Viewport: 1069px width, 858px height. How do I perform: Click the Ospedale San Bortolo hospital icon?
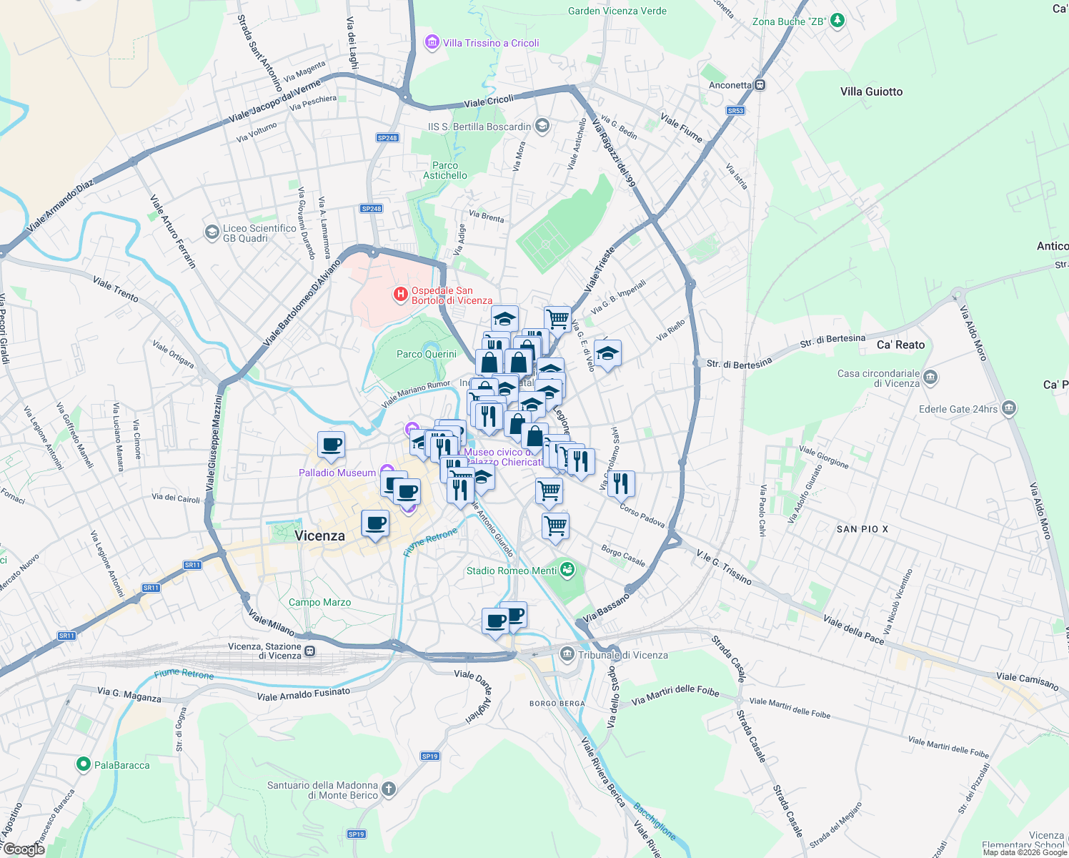tap(401, 294)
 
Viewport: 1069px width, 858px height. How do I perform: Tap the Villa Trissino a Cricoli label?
tap(491, 43)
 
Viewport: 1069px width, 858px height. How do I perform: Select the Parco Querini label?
tap(427, 354)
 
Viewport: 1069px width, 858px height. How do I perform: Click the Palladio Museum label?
tap(337, 473)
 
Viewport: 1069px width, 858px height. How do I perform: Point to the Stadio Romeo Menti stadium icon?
tap(567, 570)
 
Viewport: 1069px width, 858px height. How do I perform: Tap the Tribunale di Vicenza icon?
tap(567, 654)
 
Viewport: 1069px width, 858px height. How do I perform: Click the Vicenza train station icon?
tap(309, 651)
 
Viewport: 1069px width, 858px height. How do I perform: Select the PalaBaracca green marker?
tap(84, 765)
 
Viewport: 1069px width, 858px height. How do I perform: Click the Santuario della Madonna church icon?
tap(388, 789)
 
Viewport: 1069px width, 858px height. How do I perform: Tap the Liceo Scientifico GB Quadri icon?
tap(212, 232)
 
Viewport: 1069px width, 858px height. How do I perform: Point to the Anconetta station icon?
tap(760, 85)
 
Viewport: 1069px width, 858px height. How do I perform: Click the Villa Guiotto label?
tap(871, 92)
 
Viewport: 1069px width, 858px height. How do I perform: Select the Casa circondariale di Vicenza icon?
tap(930, 378)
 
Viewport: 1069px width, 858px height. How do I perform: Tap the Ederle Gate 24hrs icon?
tap(1008, 409)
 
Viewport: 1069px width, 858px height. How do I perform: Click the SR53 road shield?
tap(735, 111)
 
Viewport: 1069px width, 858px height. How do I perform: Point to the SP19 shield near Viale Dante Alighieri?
tap(429, 756)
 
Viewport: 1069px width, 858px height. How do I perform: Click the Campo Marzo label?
tap(319, 602)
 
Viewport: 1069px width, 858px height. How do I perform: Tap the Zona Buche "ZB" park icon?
tap(838, 21)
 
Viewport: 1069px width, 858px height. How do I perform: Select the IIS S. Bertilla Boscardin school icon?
tap(542, 127)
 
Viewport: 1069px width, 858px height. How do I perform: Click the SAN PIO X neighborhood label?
tap(862, 529)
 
